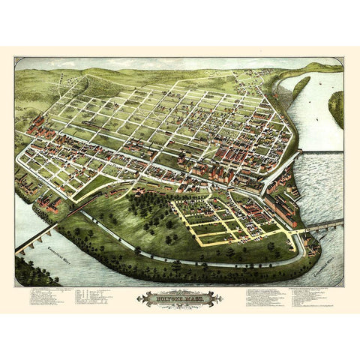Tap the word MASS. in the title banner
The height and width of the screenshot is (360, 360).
(194, 298)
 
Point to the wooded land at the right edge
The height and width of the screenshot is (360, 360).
(337, 109)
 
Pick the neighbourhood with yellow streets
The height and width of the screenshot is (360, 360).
(225, 221)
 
